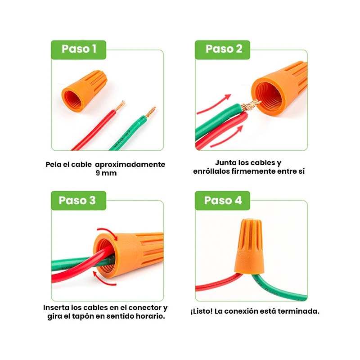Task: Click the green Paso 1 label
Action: coord(79,49)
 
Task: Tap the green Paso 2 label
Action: coord(224,49)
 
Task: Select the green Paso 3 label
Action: coord(79,200)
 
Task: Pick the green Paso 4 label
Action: coord(223,200)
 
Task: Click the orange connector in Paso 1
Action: coord(84,90)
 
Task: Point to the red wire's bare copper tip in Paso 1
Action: coord(120,106)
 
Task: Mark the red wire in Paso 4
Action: coord(214,284)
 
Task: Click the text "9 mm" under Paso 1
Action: coord(106,173)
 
